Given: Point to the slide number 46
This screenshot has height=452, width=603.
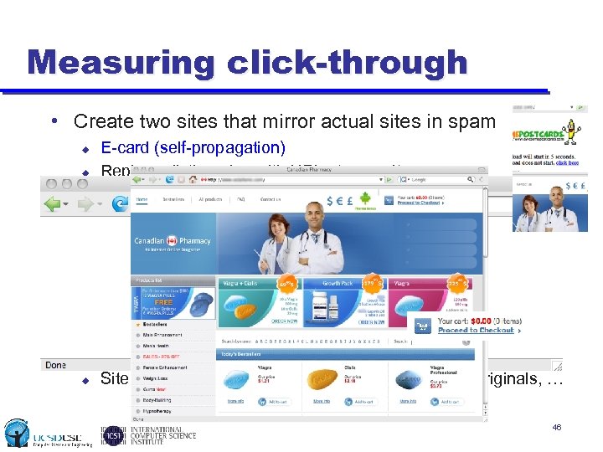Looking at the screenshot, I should coord(557,429).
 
